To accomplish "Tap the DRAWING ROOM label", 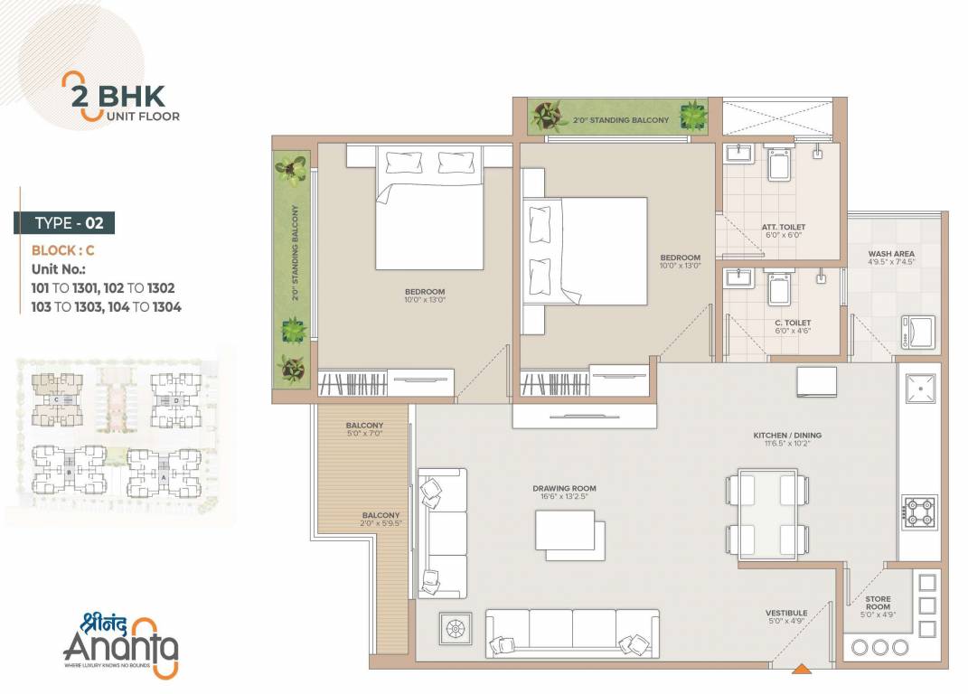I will (564, 489).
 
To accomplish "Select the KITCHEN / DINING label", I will (787, 436).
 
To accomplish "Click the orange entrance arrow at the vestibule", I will (800, 671).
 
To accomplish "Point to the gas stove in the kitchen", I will (919, 512).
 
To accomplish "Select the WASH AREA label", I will (891, 254).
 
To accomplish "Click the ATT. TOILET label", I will (783, 227).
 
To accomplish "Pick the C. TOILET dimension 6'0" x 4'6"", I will (793, 332).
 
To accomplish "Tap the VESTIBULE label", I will (786, 613).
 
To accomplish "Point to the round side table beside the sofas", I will (455, 629).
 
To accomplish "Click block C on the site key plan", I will (57, 399).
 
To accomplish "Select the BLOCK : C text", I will (62, 250).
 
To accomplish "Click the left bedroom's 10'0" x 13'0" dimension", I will (425, 300).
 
